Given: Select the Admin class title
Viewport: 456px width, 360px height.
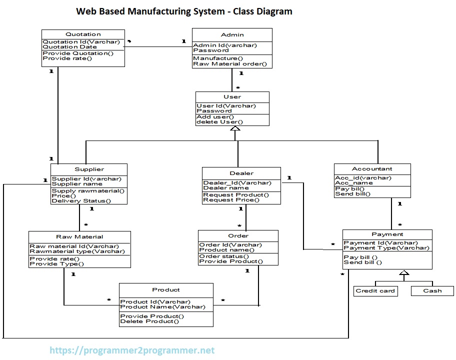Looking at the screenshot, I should [x=232, y=34].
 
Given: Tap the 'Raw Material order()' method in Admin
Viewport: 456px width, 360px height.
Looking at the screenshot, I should [x=230, y=64].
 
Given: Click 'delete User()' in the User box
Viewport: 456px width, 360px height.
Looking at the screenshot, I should [x=219, y=122].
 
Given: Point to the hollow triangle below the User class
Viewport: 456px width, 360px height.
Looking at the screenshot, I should [x=235, y=128].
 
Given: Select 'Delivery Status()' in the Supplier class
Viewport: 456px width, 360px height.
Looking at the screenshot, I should [x=81, y=201].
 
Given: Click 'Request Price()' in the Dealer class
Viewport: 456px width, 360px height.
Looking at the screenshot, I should [x=231, y=200].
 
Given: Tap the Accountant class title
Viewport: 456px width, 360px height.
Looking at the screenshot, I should [x=372, y=169].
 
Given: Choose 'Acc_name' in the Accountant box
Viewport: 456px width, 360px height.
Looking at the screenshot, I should [x=353, y=183].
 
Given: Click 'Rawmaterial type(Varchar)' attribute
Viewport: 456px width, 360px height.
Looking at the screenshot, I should [x=77, y=251].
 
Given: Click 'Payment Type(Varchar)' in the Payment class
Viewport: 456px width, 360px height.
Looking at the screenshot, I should [x=386, y=248].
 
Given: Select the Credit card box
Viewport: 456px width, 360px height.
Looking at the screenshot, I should [x=375, y=290].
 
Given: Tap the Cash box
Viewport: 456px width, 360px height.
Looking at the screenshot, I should [x=432, y=290].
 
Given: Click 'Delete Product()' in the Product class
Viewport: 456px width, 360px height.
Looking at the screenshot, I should [x=149, y=321].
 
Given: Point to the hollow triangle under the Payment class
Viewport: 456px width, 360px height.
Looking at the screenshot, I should [x=404, y=273].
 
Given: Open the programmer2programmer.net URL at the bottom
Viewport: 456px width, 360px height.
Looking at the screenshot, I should [x=132, y=350].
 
